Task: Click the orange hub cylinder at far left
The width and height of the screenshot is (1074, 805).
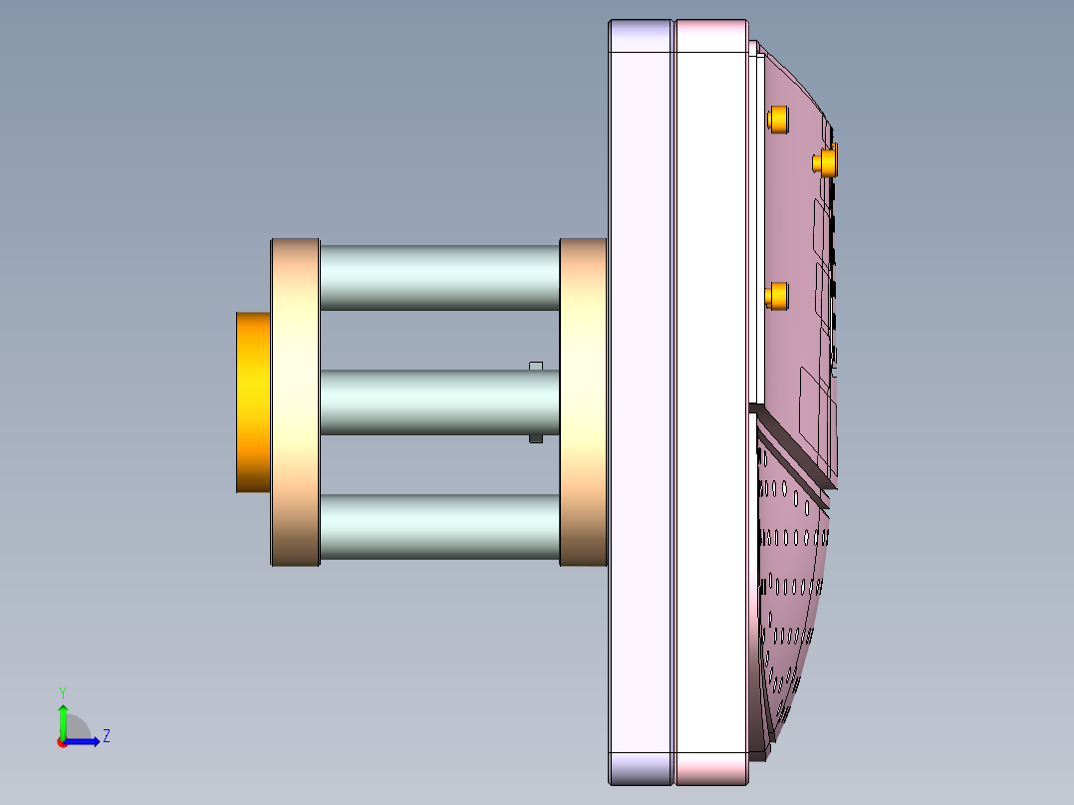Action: coord(253,402)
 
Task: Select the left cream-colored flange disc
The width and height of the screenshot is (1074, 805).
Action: coord(295,402)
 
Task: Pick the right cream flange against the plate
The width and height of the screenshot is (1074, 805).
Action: coord(583,402)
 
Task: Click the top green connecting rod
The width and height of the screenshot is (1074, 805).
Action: coord(439,277)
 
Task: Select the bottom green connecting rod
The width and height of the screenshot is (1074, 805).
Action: coord(439,526)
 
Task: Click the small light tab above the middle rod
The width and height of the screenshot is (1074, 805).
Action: coord(536,366)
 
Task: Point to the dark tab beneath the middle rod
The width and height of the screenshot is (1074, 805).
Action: coord(536,437)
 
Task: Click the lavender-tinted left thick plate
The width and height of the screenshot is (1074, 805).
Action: coord(641,402)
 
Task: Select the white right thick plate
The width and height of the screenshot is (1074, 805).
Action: coord(711,402)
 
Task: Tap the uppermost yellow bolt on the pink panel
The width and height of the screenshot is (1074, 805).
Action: coord(778,120)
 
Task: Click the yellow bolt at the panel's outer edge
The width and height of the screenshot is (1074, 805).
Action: coord(826,161)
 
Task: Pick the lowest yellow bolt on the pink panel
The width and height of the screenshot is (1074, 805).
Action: coord(777,295)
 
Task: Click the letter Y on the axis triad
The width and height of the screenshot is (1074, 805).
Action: coord(62,691)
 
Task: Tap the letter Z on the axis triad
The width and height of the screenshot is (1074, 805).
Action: coord(106,736)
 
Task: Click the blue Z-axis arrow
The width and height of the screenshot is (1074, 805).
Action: coord(85,740)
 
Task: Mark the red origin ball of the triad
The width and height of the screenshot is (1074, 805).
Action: coord(62,742)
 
